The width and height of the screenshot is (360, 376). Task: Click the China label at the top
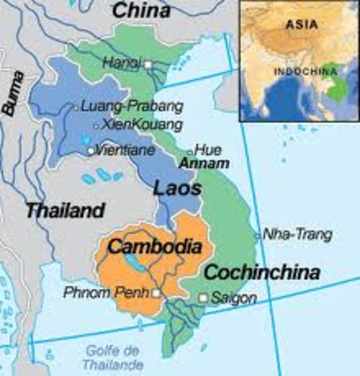[143, 11]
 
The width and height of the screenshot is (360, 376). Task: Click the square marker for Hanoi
[147, 64]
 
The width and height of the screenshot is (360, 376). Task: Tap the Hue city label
[206, 150]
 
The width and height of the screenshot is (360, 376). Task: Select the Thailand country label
[64, 210]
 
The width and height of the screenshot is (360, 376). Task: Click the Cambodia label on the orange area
[155, 246]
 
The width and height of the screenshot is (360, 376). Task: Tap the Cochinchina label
[262, 273]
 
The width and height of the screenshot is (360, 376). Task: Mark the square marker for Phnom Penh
[156, 294]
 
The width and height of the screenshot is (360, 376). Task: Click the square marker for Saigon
[204, 298]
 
